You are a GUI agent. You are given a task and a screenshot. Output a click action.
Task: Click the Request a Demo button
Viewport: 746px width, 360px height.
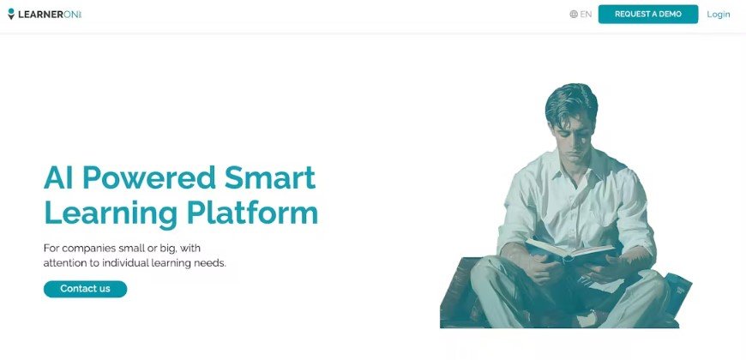[x=647, y=14]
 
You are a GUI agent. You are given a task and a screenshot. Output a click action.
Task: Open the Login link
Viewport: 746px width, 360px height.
[x=719, y=14]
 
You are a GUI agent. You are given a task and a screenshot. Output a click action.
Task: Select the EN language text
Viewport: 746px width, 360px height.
[x=586, y=14]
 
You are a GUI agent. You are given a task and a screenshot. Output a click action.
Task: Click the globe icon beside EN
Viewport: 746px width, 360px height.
[x=574, y=14]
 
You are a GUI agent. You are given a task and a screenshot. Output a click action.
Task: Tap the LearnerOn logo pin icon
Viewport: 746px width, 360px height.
[x=11, y=14]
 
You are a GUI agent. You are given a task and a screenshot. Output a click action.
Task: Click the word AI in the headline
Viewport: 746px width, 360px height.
[x=59, y=177]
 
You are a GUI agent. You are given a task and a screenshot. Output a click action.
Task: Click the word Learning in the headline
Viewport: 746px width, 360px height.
[x=111, y=213]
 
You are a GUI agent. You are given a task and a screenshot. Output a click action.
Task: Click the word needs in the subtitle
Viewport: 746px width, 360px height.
[x=212, y=262]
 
